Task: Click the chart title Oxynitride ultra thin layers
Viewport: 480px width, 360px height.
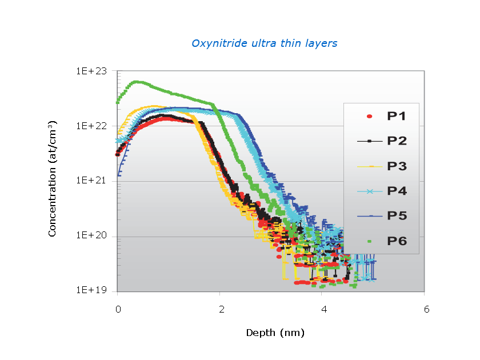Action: point(264,43)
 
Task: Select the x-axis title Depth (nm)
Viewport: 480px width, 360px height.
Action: point(275,332)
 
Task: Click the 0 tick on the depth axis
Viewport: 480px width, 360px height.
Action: point(118,309)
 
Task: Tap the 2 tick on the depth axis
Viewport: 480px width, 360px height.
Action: point(220,309)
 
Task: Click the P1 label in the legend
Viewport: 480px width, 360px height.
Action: point(397,116)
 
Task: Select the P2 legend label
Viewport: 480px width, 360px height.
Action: point(397,141)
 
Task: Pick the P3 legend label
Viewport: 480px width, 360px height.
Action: point(397,166)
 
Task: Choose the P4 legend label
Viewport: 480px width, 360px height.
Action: point(397,191)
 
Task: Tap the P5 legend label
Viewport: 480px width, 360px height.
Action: point(397,216)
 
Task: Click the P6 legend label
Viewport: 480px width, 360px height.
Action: point(397,241)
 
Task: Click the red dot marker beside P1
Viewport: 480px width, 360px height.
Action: point(369,117)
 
